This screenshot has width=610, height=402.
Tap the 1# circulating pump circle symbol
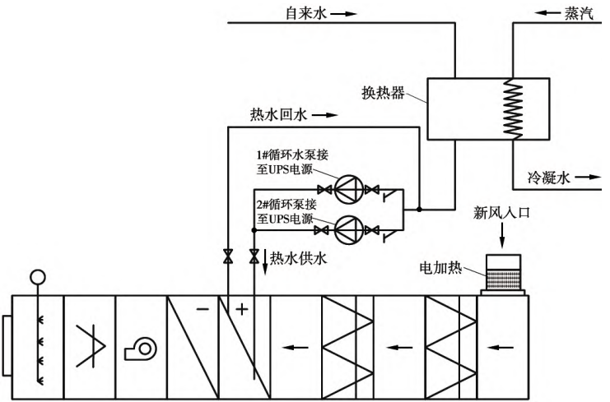point(347,192)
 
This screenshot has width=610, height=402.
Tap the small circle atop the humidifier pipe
point(35,277)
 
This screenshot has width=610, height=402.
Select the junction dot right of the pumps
point(418,210)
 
